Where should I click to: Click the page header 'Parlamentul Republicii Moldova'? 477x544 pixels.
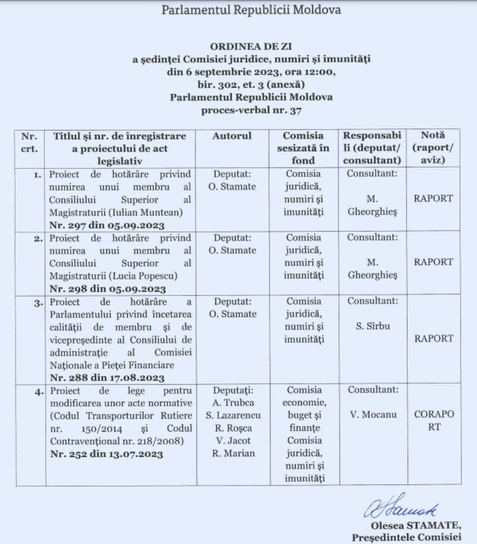point(251,10)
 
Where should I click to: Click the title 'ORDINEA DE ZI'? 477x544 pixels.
point(251,47)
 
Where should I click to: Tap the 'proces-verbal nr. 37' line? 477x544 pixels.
point(251,110)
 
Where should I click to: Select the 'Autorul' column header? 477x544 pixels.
point(232,136)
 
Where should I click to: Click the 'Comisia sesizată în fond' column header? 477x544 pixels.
point(303,148)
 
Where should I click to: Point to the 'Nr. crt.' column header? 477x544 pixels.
point(30,142)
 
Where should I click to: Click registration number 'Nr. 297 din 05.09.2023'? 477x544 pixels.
point(107,225)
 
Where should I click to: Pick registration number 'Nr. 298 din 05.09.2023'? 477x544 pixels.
point(107,289)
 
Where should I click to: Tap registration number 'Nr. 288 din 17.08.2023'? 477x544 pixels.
point(107,377)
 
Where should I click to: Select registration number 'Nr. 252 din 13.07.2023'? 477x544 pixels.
point(107,454)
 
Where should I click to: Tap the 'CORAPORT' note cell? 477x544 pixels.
point(434,420)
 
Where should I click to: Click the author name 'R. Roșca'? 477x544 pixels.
point(232,428)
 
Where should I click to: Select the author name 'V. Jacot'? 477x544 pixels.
point(232,441)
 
